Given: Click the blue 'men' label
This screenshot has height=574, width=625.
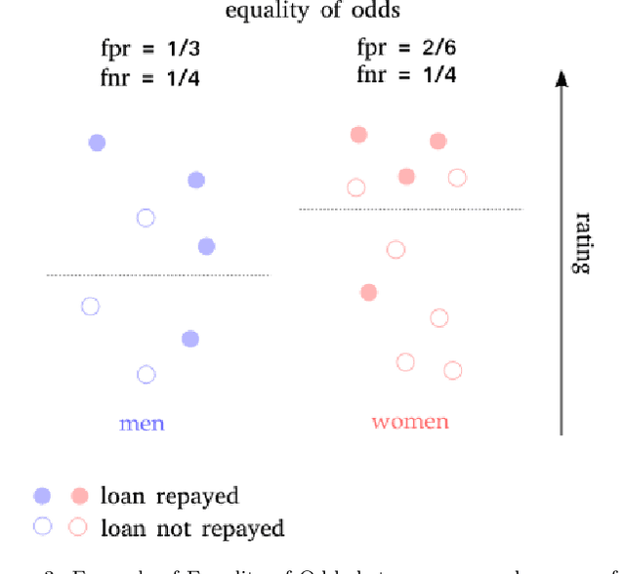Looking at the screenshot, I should click(x=142, y=423).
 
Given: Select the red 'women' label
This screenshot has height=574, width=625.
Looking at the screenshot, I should click(x=410, y=422).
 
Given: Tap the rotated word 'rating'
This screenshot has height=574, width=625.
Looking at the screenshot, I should click(x=582, y=242).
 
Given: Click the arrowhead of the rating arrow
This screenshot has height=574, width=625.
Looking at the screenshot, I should click(x=562, y=80).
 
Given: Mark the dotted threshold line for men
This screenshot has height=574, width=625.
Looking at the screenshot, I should click(x=157, y=275).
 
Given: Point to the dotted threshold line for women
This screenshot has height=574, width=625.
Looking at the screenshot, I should click(x=411, y=209).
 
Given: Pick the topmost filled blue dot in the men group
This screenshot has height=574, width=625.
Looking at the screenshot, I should click(x=97, y=143).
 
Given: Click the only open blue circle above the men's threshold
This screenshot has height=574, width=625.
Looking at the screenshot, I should click(x=146, y=218).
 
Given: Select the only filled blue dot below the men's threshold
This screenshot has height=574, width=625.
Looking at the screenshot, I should click(x=190, y=339).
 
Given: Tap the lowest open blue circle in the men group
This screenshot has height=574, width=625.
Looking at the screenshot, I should click(x=146, y=374).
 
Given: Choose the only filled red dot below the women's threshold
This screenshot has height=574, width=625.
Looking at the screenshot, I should click(x=368, y=292).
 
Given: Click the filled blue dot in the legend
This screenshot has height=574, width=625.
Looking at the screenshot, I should click(x=42, y=496).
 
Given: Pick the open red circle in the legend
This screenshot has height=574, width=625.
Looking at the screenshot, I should click(x=80, y=527).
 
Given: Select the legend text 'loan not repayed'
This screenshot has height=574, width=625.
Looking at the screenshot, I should click(x=192, y=528).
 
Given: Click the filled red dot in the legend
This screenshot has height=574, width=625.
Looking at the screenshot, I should click(x=80, y=496).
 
